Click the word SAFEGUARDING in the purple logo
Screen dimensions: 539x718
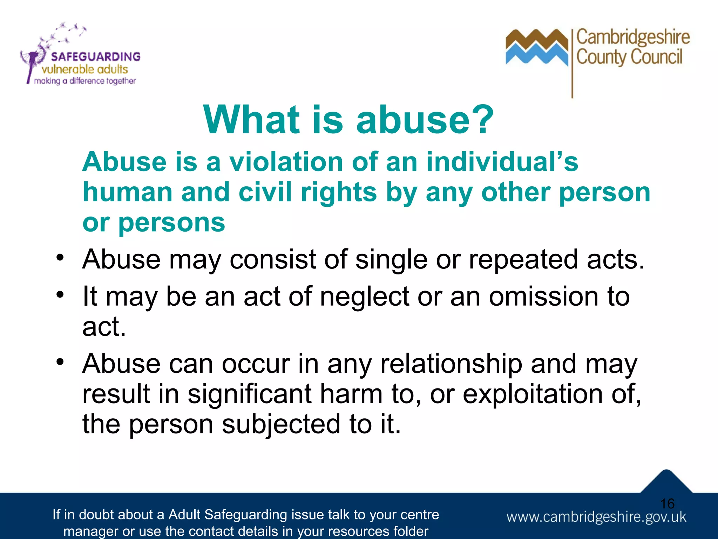[x=95, y=56]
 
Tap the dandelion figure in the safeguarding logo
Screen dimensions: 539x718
[x=33, y=60]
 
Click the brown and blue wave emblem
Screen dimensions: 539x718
[x=536, y=47]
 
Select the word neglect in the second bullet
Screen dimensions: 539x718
[x=364, y=297]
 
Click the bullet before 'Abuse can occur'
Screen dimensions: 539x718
[x=60, y=361]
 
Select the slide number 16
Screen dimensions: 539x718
[x=667, y=504]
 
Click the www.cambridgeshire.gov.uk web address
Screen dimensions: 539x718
[x=596, y=517]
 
